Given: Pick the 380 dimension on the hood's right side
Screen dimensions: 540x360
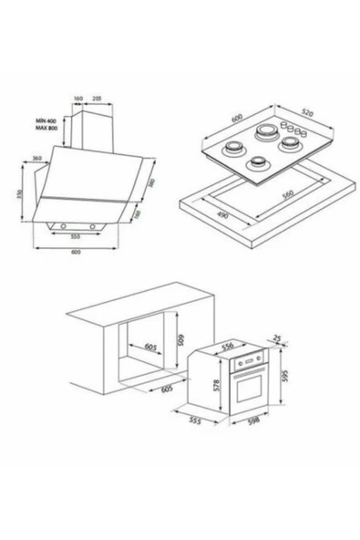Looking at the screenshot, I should (x=151, y=185).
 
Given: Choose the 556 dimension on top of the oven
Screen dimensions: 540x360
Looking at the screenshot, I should (x=229, y=344).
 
